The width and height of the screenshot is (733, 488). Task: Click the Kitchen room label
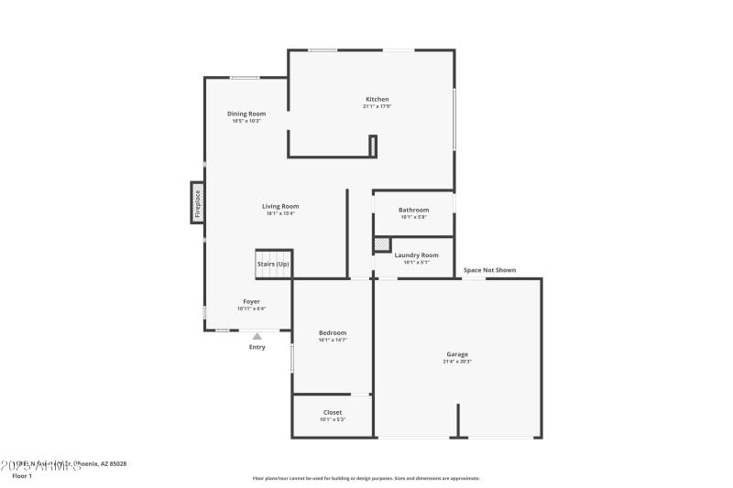tap(377, 99)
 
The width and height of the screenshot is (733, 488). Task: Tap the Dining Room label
tap(246, 114)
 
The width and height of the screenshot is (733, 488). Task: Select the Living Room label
tap(280, 206)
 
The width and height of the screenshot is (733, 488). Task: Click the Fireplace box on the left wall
tap(196, 202)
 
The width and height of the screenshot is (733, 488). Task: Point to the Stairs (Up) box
tap(272, 264)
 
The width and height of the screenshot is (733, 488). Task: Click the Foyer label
tap(251, 301)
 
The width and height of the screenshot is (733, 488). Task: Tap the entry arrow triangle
tap(257, 337)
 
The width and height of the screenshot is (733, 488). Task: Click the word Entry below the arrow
tap(257, 347)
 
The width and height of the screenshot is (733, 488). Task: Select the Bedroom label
tap(333, 332)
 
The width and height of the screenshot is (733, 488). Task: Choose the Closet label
tap(333, 412)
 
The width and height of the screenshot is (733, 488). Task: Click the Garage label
tap(457, 354)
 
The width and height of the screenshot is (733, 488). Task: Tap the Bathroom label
tap(413, 210)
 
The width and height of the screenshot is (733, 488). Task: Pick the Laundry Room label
tap(416, 255)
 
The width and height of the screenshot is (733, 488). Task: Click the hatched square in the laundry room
tap(382, 244)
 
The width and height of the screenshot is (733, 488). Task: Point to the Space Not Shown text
tap(489, 270)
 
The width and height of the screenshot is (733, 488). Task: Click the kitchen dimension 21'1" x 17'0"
tap(377, 106)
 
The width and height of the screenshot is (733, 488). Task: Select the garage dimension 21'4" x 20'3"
tap(457, 362)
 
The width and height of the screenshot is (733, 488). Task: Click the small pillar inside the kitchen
tap(373, 146)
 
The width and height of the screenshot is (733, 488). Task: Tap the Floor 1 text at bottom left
tap(22, 476)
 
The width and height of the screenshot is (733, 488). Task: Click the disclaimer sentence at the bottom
tap(366, 478)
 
